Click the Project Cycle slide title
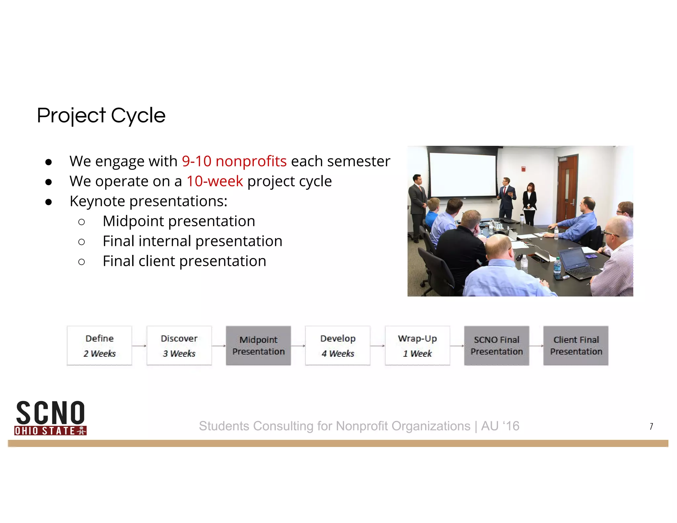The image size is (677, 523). pos(101,116)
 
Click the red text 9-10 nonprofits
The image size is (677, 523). pos(234,161)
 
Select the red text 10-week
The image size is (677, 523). pos(215,181)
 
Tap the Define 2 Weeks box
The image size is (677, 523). pos(100,345)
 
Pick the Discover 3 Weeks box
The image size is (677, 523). pos(179,345)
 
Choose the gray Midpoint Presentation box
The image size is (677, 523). pos(258,345)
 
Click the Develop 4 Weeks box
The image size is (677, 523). pos(338,345)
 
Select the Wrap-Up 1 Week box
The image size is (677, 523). pos(418,345)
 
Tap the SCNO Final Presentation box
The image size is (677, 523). pos(497,345)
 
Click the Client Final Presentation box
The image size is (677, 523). pos(576,345)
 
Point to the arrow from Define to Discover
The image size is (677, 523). pos(139,346)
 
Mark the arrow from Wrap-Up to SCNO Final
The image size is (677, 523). pos(457,346)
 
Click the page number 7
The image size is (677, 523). pos(651,426)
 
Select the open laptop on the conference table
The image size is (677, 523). pos(577,263)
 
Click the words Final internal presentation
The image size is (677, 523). pos(192,241)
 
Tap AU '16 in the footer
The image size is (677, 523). pos(500,426)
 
